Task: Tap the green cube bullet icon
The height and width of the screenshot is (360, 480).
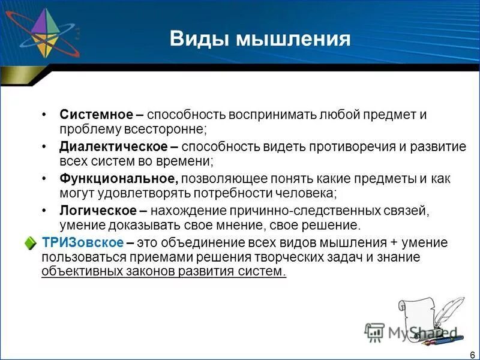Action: click(31, 243)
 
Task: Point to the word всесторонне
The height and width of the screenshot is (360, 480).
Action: click(171, 129)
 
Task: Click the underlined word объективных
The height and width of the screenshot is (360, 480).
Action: click(79, 271)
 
